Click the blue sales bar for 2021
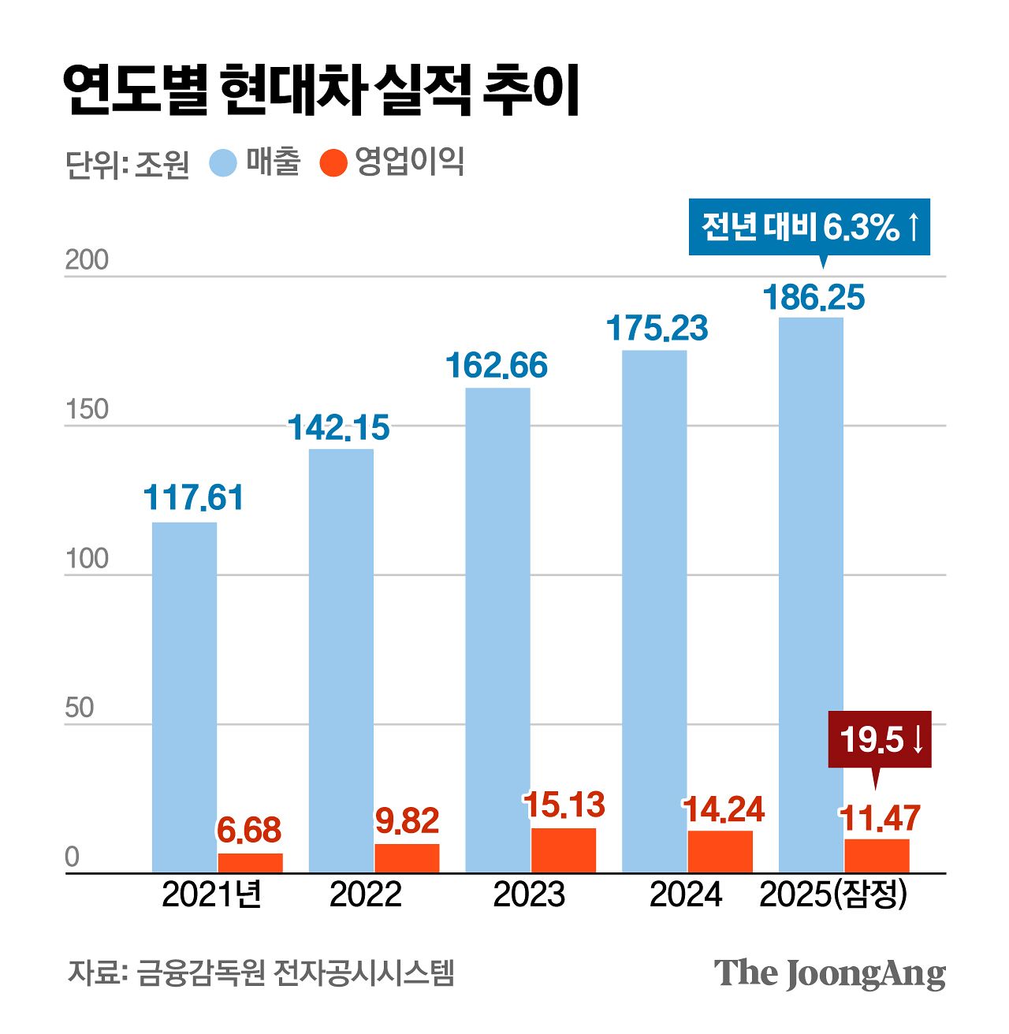coord(184,697)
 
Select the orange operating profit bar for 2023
coord(564,850)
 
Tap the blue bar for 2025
coord(810,595)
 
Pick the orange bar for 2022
coord(407,857)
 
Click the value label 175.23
coord(657,329)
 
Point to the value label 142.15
coord(338,428)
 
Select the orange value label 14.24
coord(723,810)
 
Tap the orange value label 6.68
coord(249,831)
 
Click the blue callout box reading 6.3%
coord(810,228)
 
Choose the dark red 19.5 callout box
coord(880,739)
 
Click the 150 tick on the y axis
coord(86,410)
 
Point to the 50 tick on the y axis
coord(79,708)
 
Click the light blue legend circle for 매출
coord(223,163)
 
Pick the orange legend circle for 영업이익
coord(333,163)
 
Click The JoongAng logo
coord(829,974)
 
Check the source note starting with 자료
coord(261,973)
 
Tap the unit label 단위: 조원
coord(127,164)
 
